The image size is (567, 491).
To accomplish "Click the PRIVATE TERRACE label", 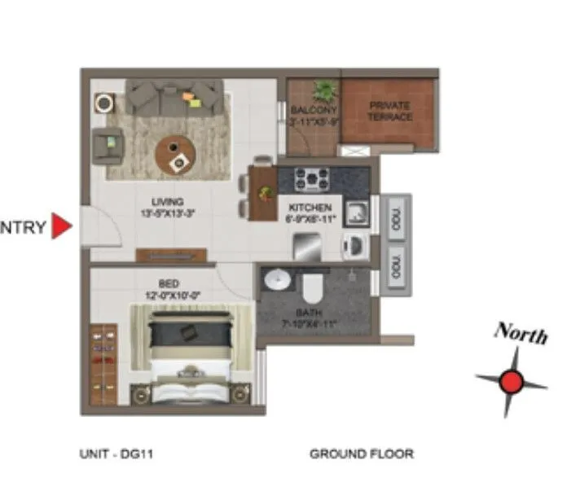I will tap(390, 112).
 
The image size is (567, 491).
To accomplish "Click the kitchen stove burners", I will tap(312, 178).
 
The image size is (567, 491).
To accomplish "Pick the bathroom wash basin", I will tap(279, 279).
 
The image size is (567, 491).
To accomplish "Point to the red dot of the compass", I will tap(511, 380).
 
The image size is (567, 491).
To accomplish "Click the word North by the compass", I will tap(520, 332).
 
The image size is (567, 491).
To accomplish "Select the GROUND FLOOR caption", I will tap(361, 454).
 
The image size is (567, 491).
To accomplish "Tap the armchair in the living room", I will tap(108, 145).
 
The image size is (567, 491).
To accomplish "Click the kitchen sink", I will tap(357, 213).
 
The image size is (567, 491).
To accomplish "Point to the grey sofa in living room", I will tap(174, 97).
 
